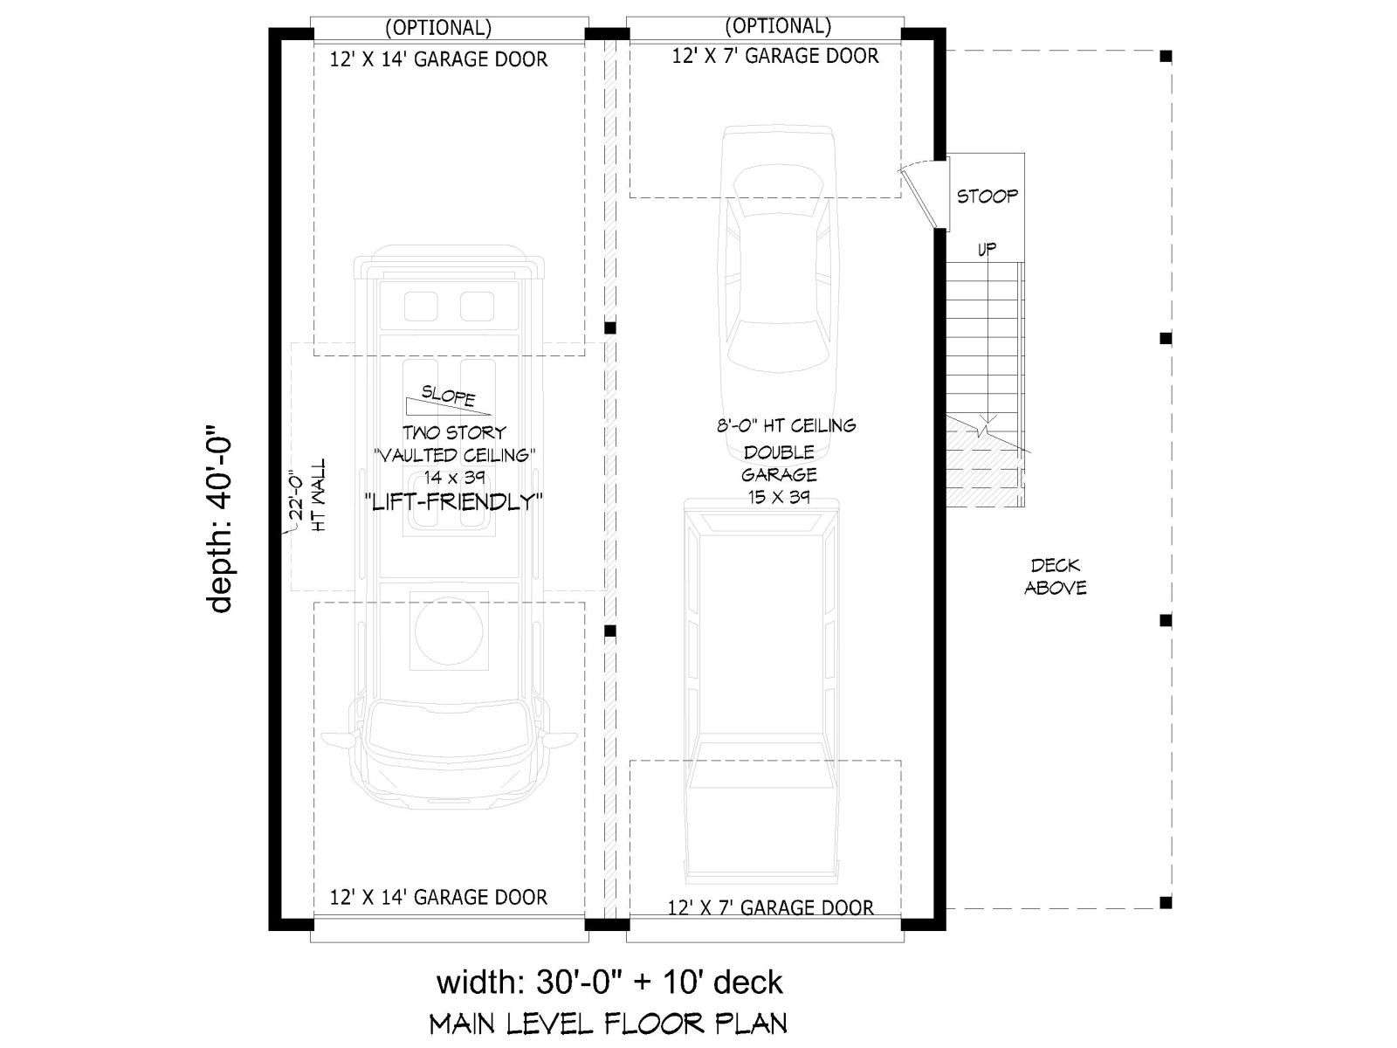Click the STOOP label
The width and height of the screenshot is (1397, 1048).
(x=987, y=196)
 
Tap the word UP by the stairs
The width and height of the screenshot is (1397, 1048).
(x=987, y=250)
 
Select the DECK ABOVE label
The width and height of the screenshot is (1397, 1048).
(x=1056, y=576)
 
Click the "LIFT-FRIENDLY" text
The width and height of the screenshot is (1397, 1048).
(x=454, y=502)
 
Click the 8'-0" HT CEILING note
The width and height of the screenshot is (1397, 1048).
(x=786, y=425)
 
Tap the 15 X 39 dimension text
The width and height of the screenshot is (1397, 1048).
(x=779, y=496)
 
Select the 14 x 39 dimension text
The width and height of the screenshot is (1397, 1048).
(x=454, y=477)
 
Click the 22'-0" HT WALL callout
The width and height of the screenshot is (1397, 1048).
(x=308, y=496)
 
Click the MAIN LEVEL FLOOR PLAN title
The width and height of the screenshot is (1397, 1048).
(x=609, y=1024)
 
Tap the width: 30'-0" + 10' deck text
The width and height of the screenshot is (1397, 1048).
(x=609, y=982)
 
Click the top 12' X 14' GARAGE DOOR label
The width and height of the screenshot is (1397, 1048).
(x=438, y=59)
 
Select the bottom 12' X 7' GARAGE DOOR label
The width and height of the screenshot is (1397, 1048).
(x=770, y=907)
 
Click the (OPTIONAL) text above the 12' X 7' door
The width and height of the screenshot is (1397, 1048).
(x=778, y=25)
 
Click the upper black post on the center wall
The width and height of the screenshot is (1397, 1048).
(x=609, y=327)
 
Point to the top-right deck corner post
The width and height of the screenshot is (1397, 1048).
(x=1166, y=57)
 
